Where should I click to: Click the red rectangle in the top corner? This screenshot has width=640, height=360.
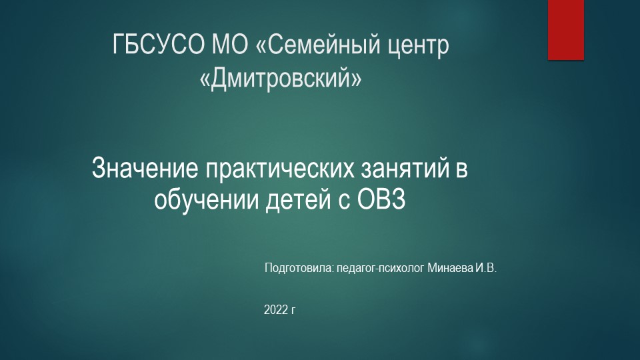(x=565, y=29)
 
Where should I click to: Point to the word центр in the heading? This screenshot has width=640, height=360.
(x=418, y=47)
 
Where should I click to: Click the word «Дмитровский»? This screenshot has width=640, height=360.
(x=281, y=79)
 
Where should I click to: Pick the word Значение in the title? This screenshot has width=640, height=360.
(x=145, y=168)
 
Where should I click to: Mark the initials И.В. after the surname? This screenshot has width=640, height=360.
(x=486, y=269)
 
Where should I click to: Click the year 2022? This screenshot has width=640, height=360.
(x=276, y=310)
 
